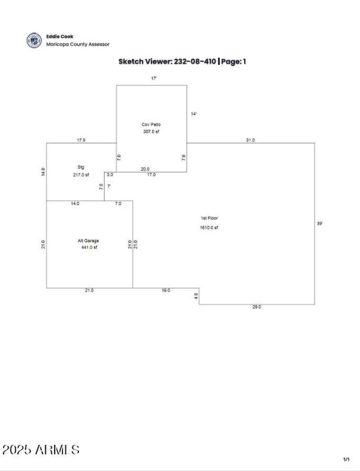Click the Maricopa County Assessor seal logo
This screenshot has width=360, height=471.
point(34,40)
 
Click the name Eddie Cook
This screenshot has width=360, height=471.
point(59,36)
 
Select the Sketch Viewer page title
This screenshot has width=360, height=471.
point(182,62)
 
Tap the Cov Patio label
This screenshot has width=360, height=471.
point(151,124)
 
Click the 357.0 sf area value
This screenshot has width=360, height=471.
point(151,131)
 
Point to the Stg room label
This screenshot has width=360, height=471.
point(81,167)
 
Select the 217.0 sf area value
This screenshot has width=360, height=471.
point(81,175)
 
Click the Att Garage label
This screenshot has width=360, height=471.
point(88,240)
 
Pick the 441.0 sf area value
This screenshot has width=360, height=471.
point(89,247)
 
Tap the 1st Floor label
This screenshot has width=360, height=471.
point(209,218)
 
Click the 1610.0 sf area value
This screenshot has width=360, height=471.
point(209,227)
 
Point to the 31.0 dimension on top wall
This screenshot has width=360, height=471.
point(250,140)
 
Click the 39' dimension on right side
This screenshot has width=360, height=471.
point(319,223)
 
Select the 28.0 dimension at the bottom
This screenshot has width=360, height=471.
point(256,307)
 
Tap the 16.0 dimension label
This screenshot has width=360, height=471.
point(166,290)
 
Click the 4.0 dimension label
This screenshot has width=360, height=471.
point(196,296)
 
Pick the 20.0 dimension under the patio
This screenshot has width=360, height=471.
point(145,169)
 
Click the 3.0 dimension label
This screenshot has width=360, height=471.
point(110,175)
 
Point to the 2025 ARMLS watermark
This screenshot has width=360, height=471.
point(41,449)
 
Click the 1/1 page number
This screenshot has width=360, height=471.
point(346,459)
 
